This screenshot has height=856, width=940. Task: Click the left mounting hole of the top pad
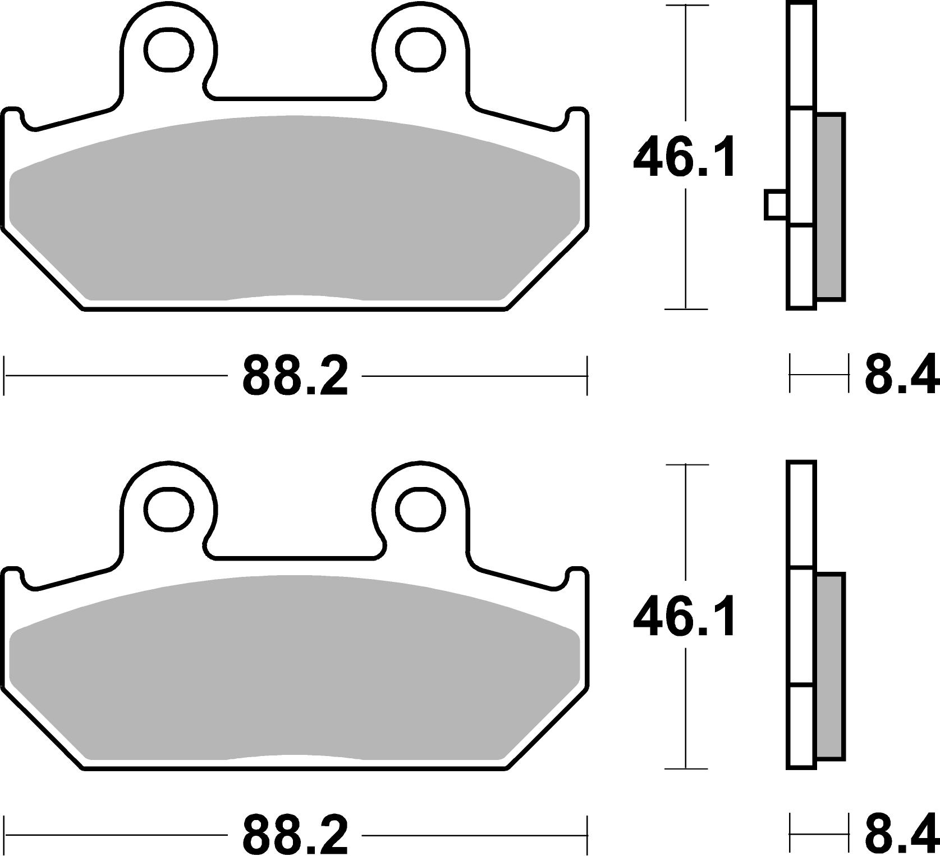(x=168, y=51)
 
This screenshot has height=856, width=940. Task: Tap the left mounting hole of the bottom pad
(x=168, y=509)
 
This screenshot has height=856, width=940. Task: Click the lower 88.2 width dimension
(x=295, y=834)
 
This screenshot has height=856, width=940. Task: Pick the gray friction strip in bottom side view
(x=830, y=666)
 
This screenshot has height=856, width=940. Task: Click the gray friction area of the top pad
(x=295, y=213)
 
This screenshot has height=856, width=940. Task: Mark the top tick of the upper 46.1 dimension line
(x=686, y=6)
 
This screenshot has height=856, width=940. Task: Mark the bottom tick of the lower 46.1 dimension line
(x=686, y=768)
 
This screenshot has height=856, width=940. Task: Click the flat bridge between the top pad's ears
(x=295, y=99)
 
